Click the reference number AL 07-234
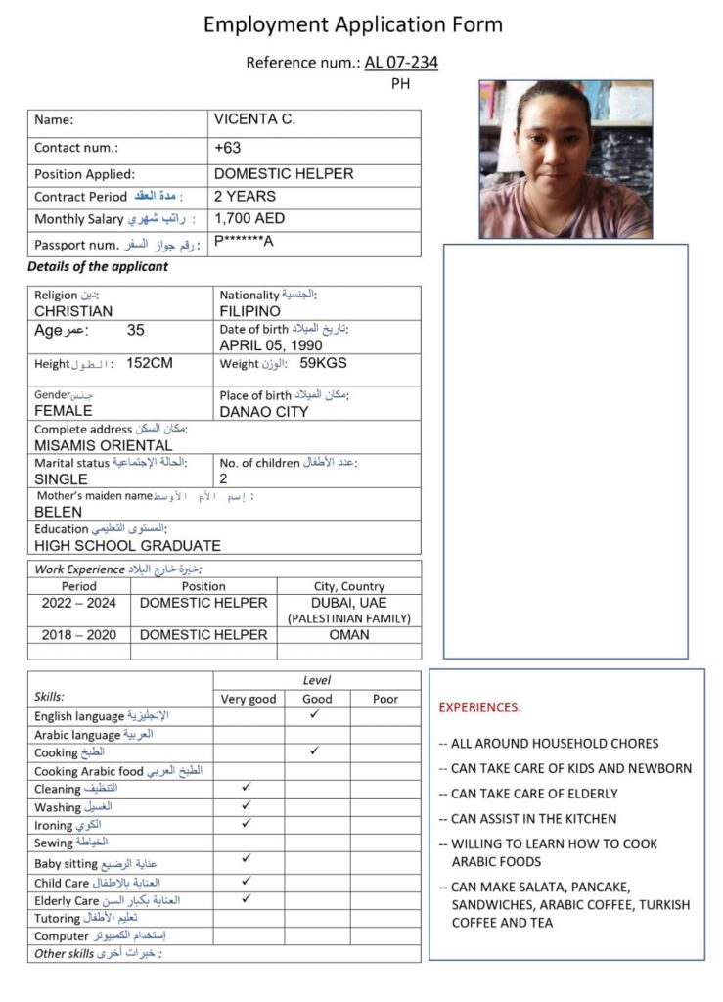(x=401, y=63)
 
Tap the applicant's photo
(x=565, y=159)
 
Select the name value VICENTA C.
(x=254, y=120)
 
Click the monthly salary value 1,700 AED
(x=249, y=219)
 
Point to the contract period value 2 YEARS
(x=245, y=196)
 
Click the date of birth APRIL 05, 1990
(x=271, y=344)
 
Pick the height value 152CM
(x=150, y=364)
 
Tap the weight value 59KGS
(x=323, y=363)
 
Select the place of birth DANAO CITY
(x=264, y=411)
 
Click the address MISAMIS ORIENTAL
(x=103, y=445)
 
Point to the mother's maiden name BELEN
(x=59, y=512)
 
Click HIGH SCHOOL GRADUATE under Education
(x=127, y=546)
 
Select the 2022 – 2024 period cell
(x=78, y=603)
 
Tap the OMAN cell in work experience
(x=349, y=635)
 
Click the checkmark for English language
(x=316, y=715)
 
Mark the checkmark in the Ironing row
(x=248, y=823)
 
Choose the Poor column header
(x=385, y=699)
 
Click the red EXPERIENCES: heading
(x=479, y=706)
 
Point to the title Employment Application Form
(x=353, y=24)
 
